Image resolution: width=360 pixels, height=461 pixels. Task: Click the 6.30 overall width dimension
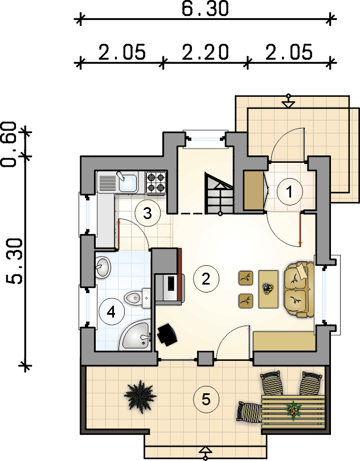205,9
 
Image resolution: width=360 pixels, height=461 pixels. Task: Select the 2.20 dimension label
205,52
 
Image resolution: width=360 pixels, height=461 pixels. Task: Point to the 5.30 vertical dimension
15,261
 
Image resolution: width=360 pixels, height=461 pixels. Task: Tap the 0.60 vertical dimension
9,144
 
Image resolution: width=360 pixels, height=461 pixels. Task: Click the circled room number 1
289,192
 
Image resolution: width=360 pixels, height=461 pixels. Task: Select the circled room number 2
206,279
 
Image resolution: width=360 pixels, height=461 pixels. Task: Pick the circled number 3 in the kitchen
148,213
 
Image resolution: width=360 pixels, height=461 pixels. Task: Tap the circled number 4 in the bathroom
111,312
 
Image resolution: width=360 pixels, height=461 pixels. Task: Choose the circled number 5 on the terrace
206,400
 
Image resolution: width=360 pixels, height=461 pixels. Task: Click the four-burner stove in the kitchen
156,183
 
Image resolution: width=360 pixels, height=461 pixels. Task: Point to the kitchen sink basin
128,183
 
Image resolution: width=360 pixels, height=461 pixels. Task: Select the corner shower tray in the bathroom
136,335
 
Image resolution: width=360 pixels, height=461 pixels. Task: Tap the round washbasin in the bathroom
103,267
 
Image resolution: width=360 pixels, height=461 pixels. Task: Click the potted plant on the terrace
140,397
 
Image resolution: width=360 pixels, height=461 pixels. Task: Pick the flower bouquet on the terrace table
293,410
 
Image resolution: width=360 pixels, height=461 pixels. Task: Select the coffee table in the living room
268,289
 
